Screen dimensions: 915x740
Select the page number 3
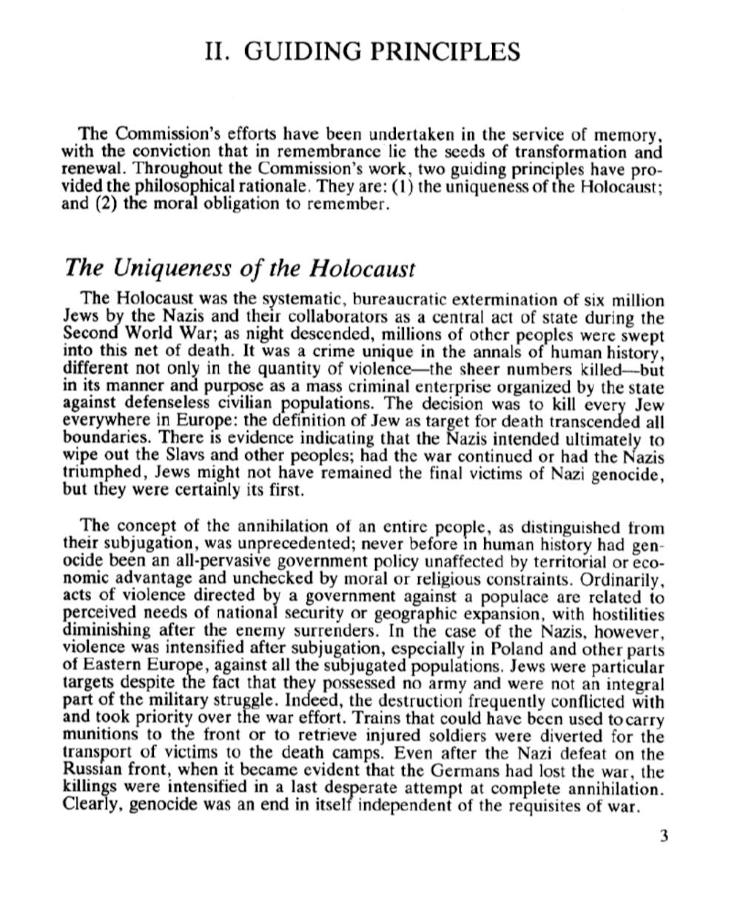664,837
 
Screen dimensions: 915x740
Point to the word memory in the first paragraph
628,135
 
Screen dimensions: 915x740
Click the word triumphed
101,473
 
